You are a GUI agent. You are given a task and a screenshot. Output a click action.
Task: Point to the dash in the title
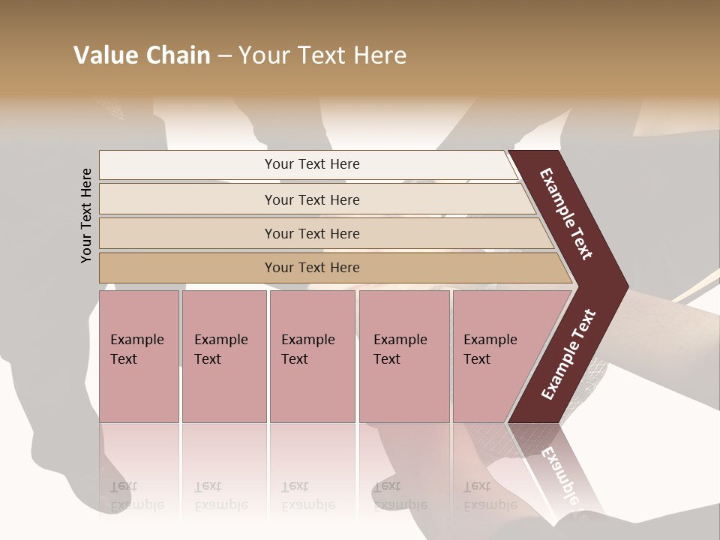coord(224,56)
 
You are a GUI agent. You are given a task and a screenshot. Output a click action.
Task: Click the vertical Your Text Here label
coord(86,215)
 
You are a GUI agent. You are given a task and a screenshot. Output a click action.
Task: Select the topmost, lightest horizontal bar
coord(312,164)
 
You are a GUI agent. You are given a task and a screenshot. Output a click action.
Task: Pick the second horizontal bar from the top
coord(312,199)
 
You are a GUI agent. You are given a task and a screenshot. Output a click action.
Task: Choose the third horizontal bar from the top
coord(312,233)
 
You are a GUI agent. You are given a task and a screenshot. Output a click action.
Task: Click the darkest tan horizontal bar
coord(312,268)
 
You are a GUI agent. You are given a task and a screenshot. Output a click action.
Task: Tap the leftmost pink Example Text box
coord(139,355)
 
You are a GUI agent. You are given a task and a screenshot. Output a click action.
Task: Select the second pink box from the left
coord(223,355)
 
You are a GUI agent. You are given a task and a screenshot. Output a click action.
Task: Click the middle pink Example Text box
coord(312,355)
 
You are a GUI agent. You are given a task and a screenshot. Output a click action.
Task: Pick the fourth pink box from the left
coord(404,355)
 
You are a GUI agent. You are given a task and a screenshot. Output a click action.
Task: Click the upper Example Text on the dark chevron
coord(567,214)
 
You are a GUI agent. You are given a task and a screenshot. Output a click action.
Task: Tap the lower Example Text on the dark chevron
coord(568,354)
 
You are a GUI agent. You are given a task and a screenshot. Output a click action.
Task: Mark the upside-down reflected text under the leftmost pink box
coord(136,496)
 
